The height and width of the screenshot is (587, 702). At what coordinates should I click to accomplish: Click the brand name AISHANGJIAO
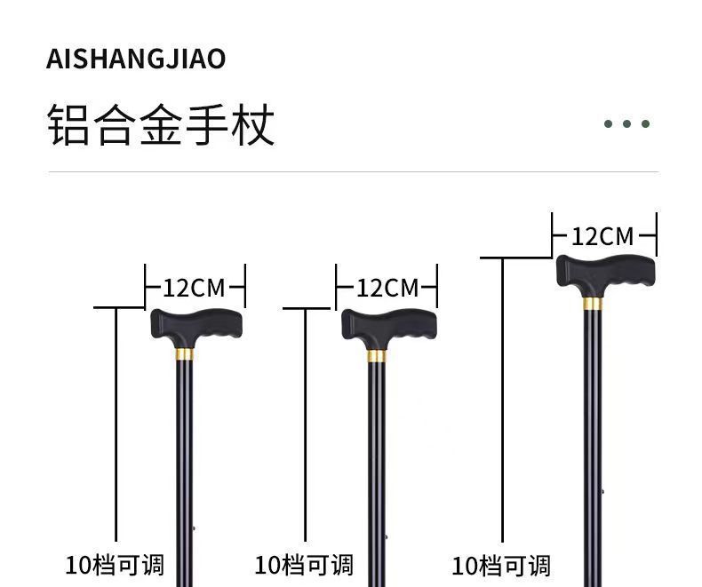136,59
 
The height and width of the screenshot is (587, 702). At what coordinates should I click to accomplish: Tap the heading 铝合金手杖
161,124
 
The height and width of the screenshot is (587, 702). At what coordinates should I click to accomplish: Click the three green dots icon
627,123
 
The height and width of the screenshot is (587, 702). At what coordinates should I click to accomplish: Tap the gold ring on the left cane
184,354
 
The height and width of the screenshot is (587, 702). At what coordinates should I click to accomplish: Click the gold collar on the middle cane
377,356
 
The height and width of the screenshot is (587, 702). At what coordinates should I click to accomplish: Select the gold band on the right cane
593,304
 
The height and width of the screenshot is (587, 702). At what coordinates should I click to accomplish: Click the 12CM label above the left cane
194,288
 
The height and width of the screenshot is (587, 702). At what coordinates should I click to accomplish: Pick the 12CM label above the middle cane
387,288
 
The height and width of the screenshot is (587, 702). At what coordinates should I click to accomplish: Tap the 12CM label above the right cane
602,236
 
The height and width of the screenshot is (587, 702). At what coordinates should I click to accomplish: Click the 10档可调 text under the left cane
115,565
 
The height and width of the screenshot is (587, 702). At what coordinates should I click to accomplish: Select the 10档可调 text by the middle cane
304,565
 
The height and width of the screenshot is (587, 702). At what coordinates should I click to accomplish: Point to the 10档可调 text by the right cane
501,566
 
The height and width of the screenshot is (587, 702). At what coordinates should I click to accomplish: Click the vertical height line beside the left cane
116,426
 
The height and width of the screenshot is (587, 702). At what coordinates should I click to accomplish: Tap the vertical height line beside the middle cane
306,426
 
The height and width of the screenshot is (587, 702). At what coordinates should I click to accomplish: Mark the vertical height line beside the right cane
503,400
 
